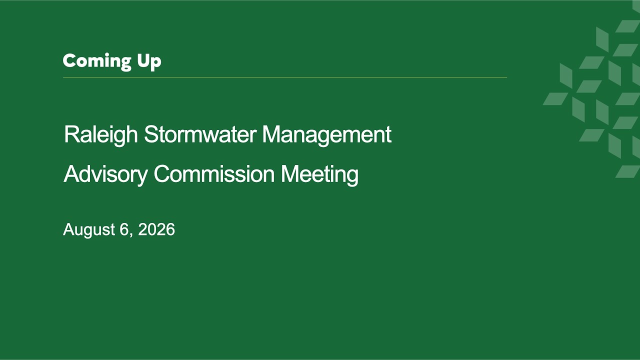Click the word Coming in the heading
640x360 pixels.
click(97, 61)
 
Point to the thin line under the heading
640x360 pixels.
click(285, 77)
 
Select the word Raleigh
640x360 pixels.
click(101, 135)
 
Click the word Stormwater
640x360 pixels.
click(200, 134)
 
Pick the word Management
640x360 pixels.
click(327, 135)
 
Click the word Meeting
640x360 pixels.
click(319, 174)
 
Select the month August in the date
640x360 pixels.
click(89, 229)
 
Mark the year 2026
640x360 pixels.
click(156, 229)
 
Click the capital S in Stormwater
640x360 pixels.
click(151, 134)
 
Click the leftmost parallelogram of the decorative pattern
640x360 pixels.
click(555, 98)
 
